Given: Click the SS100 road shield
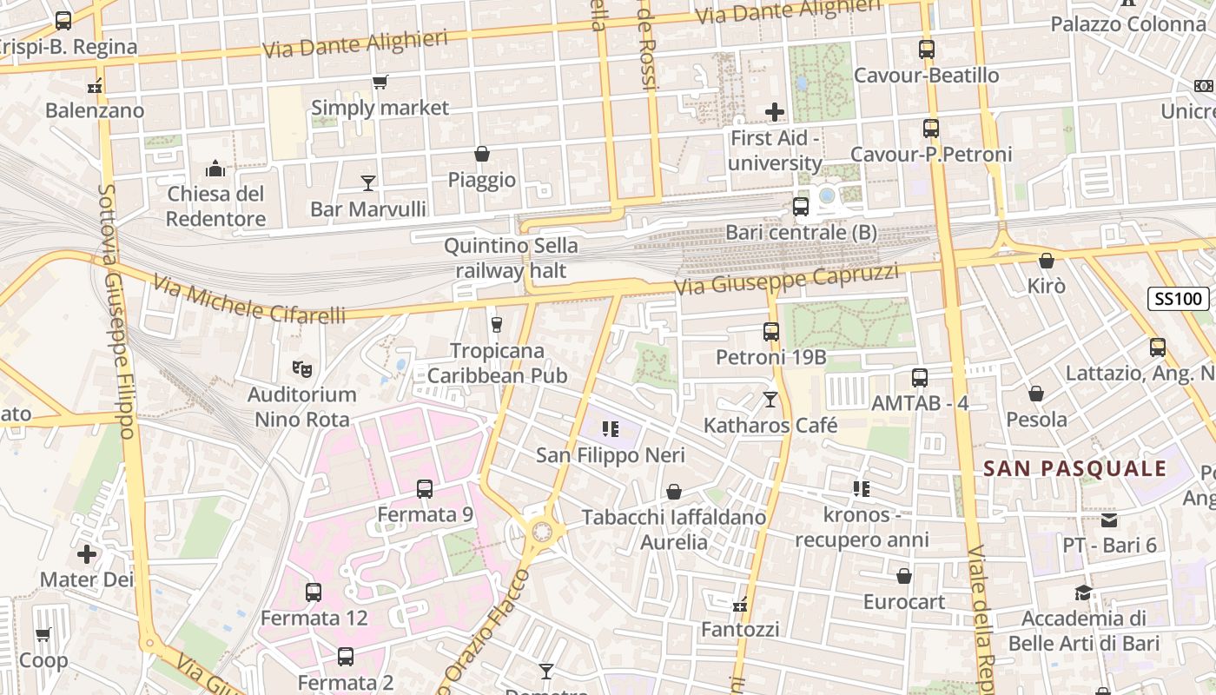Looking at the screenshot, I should pyautogui.click(x=1179, y=300).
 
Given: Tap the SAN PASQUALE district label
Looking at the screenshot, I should pyautogui.click(x=1074, y=469).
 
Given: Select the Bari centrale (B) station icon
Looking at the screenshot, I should pyautogui.click(x=800, y=207).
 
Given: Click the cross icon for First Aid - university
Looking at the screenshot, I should pyautogui.click(x=774, y=112).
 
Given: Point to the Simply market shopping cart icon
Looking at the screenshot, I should pyautogui.click(x=380, y=83).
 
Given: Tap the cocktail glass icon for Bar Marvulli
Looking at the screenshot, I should pyautogui.click(x=368, y=183).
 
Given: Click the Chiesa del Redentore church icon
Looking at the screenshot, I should pyautogui.click(x=215, y=168).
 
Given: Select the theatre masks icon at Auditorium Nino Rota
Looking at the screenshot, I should pyautogui.click(x=301, y=368).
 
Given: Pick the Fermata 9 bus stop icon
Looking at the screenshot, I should pyautogui.click(x=424, y=489).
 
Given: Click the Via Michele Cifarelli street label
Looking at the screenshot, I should pyautogui.click(x=249, y=301).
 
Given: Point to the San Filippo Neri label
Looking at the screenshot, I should pyautogui.click(x=610, y=455).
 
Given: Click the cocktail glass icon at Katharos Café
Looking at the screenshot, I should pyautogui.click(x=770, y=400).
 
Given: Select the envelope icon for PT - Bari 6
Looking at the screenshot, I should pyautogui.click(x=1109, y=520).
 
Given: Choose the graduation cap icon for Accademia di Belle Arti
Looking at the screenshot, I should pyautogui.click(x=1082, y=592).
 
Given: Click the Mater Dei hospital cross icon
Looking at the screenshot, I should pyautogui.click(x=87, y=553).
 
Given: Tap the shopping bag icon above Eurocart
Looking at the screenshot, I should pyautogui.click(x=903, y=576).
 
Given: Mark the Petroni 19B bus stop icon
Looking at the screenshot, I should pyautogui.click(x=770, y=331).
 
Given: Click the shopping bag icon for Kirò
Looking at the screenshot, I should pyautogui.click(x=1046, y=261).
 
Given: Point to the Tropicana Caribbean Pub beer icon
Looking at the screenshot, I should pyautogui.click(x=496, y=325).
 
